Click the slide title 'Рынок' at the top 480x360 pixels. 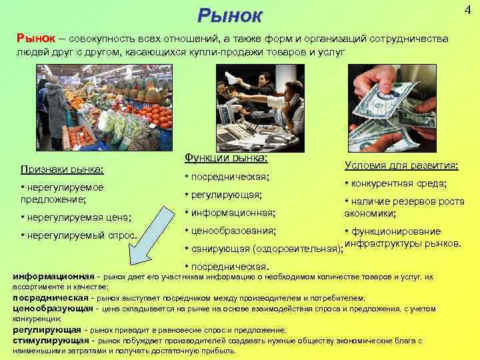tap(230, 15)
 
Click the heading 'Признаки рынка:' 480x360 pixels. tap(66, 170)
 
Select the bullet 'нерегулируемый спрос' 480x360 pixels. tap(79, 235)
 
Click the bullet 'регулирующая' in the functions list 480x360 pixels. tap(224, 195)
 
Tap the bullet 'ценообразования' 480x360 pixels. tap(229, 231)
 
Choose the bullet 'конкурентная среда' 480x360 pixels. tap(395, 183)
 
